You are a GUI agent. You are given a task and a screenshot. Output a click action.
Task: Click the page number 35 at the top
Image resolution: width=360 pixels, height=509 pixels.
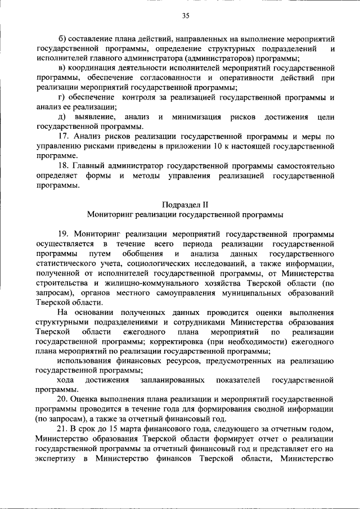tap(185, 16)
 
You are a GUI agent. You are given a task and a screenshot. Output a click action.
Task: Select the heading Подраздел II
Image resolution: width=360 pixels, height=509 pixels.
tap(185, 204)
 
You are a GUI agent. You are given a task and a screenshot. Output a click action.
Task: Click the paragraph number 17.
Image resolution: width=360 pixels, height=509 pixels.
tap(63, 137)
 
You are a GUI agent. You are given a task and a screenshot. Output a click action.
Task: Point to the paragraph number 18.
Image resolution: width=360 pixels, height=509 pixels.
tap(63, 166)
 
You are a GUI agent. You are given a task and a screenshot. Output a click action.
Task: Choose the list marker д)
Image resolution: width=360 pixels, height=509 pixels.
tap(62, 117)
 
